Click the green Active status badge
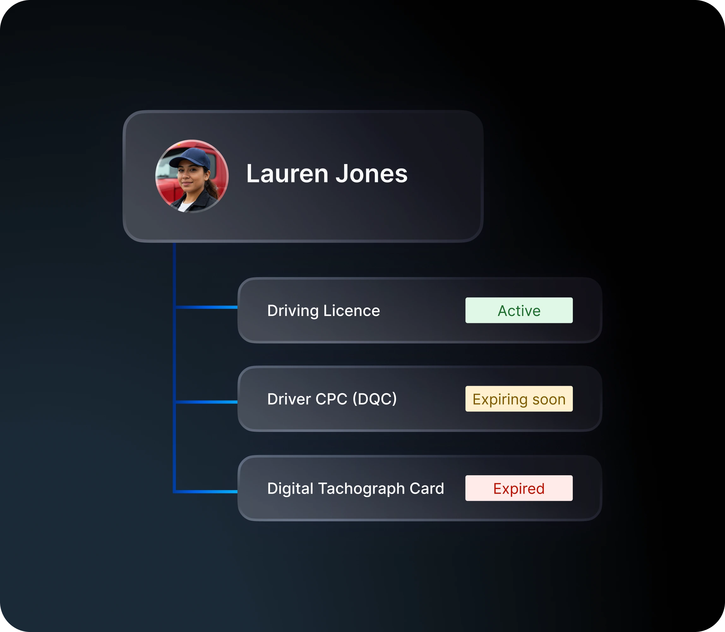pos(519,310)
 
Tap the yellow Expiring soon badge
pos(519,399)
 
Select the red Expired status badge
pos(519,488)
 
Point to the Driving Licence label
pos(324,311)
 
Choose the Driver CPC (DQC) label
pos(332,399)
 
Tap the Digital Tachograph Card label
pos(356,489)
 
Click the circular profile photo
pos(192,176)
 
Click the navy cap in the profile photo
pos(191,158)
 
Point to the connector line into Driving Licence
pos(206,307)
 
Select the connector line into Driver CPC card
pos(206,402)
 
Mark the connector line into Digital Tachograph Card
pos(206,491)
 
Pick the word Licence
pos(352,311)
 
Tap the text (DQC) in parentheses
pos(375,399)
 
